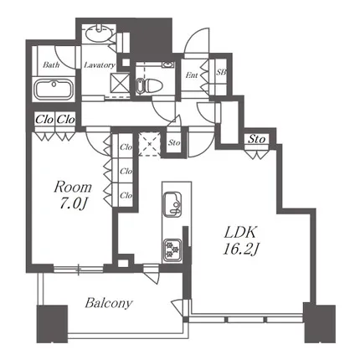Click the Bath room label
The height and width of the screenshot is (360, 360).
pyautogui.click(x=51, y=64)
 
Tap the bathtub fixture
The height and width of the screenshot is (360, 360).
pyautogui.click(x=54, y=89)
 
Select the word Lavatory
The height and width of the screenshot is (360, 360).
pyautogui.click(x=100, y=65)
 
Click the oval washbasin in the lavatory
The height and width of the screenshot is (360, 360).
pyautogui.click(x=98, y=34)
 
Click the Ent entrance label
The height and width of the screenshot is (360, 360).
pyautogui.click(x=192, y=75)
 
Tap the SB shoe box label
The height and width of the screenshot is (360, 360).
pyautogui.click(x=221, y=72)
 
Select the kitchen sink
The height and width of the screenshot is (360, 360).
pyautogui.click(x=172, y=204)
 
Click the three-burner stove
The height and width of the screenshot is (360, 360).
pyautogui.click(x=172, y=249)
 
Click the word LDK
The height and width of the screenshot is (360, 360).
pyautogui.click(x=240, y=232)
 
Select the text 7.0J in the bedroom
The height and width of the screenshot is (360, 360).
pyautogui.click(x=73, y=204)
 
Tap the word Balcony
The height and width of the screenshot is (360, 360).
pyautogui.click(x=109, y=303)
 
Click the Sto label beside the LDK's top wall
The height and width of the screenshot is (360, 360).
pyautogui.click(x=257, y=139)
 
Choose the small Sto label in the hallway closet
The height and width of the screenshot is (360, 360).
pyautogui.click(x=174, y=142)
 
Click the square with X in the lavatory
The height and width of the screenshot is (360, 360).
pyautogui.click(x=120, y=83)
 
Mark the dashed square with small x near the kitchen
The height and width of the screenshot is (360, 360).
pyautogui.click(x=150, y=144)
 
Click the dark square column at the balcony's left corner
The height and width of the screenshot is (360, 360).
pyautogui.click(x=52, y=324)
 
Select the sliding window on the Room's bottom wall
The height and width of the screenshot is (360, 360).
pyautogui.click(x=79, y=269)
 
